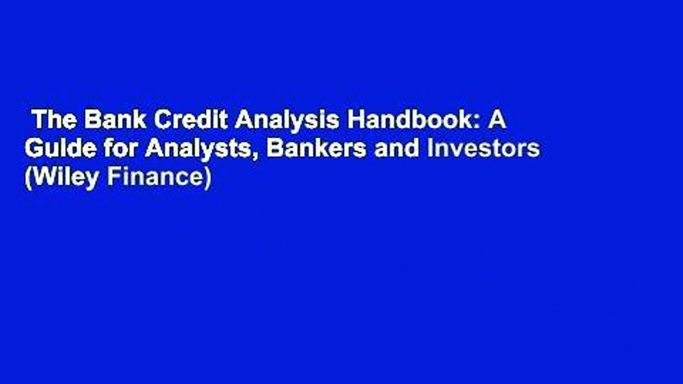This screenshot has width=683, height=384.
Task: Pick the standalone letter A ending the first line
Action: [498, 122]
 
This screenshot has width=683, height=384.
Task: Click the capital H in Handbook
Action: [355, 122]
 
